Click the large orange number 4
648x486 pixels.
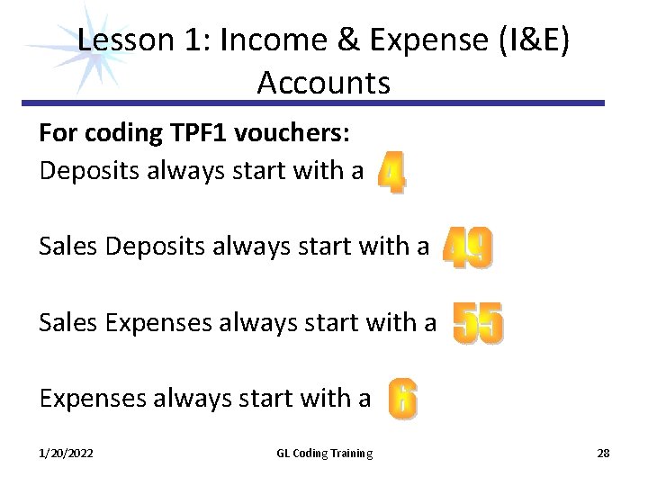click(x=391, y=172)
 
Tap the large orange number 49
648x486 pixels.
click(x=468, y=247)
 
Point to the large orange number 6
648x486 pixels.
click(x=402, y=400)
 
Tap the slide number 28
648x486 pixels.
click(x=603, y=454)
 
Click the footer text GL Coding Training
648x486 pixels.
click(x=324, y=454)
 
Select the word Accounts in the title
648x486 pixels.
click(x=323, y=83)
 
